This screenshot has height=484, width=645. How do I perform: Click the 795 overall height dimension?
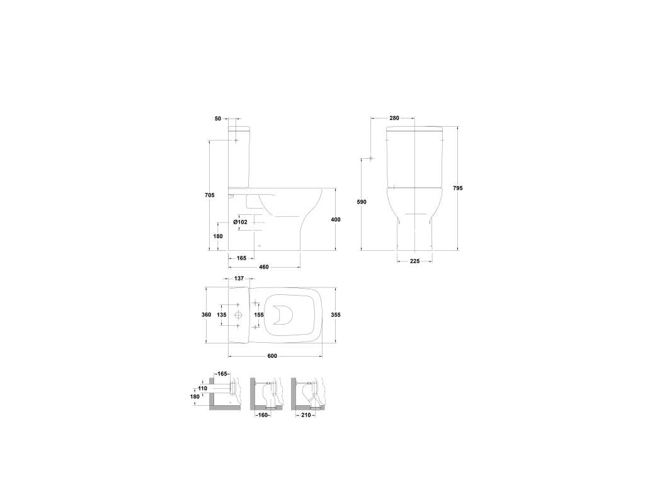(457, 188)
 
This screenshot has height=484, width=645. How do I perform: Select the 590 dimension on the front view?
(361, 202)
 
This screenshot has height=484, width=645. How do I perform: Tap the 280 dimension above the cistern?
(394, 118)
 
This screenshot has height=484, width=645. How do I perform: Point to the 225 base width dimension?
(414, 261)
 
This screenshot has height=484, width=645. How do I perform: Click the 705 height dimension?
(209, 195)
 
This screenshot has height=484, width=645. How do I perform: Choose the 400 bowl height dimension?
(336, 220)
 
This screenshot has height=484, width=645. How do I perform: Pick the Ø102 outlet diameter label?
(241, 222)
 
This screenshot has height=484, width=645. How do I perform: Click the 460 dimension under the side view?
(264, 267)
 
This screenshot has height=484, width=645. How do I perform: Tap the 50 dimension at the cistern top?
(218, 118)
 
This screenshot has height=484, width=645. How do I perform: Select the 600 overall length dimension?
(272, 356)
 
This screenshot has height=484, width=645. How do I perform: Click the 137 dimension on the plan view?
(239, 279)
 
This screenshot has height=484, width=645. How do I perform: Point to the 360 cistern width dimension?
(206, 315)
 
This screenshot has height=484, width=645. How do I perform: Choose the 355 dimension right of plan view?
(336, 315)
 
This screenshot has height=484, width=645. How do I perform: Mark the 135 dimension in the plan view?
(222, 315)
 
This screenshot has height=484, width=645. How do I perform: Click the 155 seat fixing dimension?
(259, 315)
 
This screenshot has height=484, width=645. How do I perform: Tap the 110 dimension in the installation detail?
(202, 388)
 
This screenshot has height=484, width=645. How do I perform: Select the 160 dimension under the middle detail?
(263, 415)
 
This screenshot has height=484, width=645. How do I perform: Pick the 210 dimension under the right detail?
(306, 415)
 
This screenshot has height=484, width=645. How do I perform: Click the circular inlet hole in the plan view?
(239, 315)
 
